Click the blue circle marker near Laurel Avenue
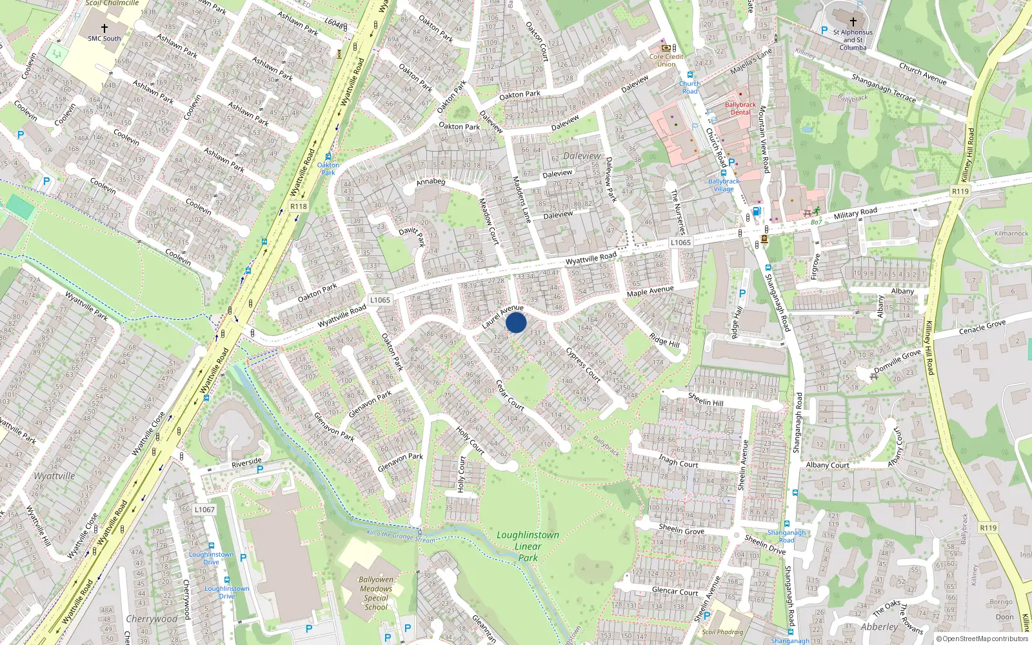[516, 322]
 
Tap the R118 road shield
[299, 206]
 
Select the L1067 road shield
[204, 510]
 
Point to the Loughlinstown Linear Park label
[528, 546]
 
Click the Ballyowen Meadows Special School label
[376, 593]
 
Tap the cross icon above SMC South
[104, 28]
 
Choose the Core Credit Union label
[666, 60]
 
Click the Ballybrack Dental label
[740, 108]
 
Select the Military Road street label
[855, 213]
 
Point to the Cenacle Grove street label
[982, 328]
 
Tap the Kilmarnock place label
[1011, 233]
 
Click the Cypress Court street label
[583, 365]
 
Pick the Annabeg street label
[431, 182]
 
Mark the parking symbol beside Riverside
[260, 470]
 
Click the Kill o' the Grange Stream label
[400, 536]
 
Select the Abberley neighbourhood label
[879, 627]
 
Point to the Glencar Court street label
[675, 591]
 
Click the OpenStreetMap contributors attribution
[982, 639]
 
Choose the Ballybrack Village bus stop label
[724, 185]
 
